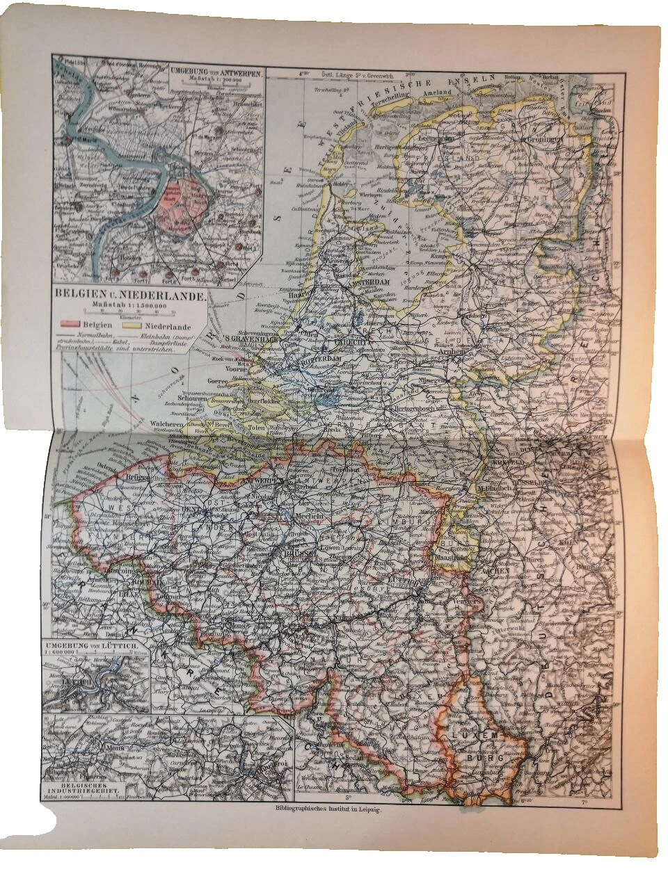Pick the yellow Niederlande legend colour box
[131, 324]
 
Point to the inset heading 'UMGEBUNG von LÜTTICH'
[94, 648]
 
